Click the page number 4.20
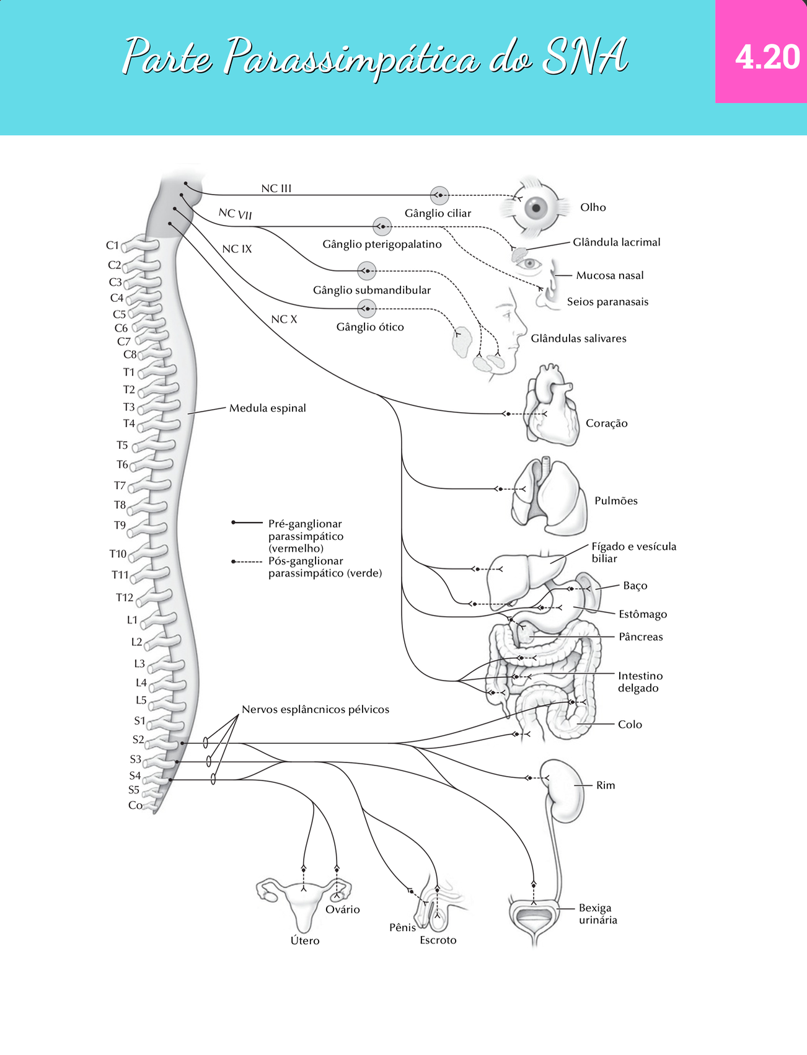[767, 57]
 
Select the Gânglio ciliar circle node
[439, 195]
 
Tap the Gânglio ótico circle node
[367, 308]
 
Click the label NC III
[276, 188]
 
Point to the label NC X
[284, 319]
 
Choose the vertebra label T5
[122, 445]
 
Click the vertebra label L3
[139, 663]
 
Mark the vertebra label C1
[112, 245]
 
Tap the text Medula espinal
[268, 408]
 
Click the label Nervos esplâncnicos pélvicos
[315, 709]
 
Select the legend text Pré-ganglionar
[305, 524]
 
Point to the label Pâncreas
[641, 637]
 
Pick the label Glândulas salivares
[578, 338]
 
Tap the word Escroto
[438, 940]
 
